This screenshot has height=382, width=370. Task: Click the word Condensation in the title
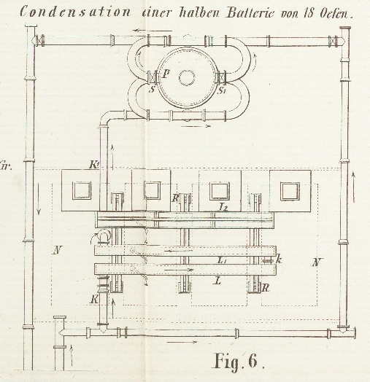75,12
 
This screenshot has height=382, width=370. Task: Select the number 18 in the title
309,13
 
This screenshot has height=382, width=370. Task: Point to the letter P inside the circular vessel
166,74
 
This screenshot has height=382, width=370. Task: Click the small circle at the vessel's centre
187,78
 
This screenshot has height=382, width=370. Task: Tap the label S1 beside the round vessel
221,90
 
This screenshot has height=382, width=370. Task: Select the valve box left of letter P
153,77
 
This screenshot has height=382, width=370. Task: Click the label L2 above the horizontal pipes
223,206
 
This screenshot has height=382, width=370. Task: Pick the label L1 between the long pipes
222,260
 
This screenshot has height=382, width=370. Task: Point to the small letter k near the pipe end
279,260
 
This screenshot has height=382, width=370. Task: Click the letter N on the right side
316,262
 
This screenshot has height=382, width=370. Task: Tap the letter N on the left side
58,250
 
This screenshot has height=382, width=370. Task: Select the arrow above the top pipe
153,31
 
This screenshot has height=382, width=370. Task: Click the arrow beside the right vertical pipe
353,187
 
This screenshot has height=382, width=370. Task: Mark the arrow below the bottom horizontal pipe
182,342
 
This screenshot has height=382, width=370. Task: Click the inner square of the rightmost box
290,192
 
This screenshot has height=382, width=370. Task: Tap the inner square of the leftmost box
82,190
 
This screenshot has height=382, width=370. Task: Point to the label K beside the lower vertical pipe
95,299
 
